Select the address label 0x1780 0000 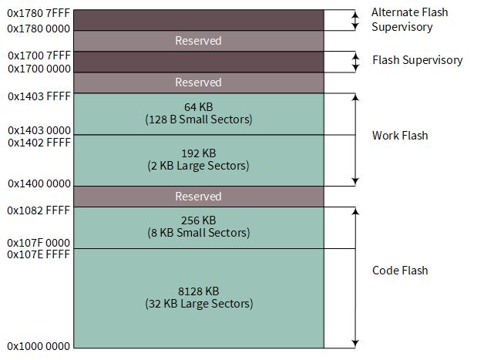point(39,27)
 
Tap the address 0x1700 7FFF point(39,56)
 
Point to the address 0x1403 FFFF point(39,96)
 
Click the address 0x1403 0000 point(39,130)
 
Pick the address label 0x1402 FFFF point(39,143)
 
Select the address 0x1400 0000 point(39,183)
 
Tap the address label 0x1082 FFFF point(39,210)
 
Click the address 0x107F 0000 point(39,243)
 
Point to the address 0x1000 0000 point(39,346)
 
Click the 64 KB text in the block point(198,106)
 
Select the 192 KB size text point(198,153)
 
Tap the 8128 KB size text point(198,291)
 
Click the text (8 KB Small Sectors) point(198,233)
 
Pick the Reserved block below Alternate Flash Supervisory point(198,41)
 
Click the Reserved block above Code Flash point(198,197)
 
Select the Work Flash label point(399,136)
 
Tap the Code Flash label point(399,271)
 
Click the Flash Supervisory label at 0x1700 point(417,60)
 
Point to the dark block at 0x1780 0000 point(198,20)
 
